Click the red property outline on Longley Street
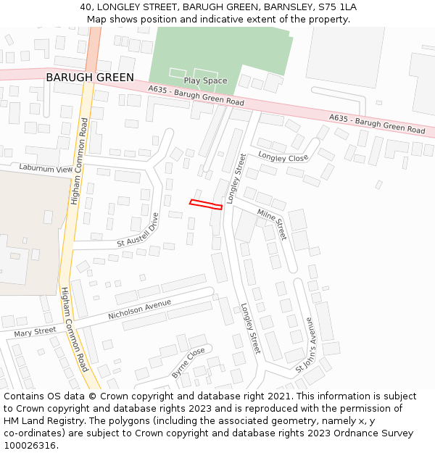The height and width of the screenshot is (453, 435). pyautogui.click(x=206, y=204)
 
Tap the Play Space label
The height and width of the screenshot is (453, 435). pyautogui.click(x=205, y=80)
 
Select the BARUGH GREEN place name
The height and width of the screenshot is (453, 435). pyautogui.click(x=90, y=78)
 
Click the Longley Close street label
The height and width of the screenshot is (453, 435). pyautogui.click(x=283, y=157)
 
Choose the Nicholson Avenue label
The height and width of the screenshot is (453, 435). pyautogui.click(x=140, y=309)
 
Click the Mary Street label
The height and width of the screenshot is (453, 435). pyautogui.click(x=35, y=332)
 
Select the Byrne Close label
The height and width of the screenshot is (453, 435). pyautogui.click(x=188, y=362)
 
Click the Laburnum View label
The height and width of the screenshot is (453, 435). pyautogui.click(x=46, y=167)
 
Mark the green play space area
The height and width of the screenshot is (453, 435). pyautogui.click(x=217, y=51)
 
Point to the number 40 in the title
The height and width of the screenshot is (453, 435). pyautogui.click(x=86, y=7)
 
